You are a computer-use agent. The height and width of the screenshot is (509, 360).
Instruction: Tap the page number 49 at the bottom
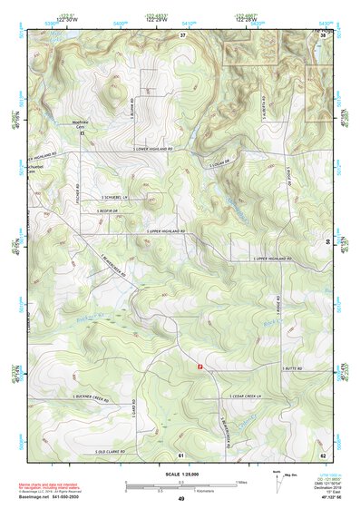click(181, 499)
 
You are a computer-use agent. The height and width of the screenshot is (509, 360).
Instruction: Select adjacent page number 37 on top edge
click(182, 34)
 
